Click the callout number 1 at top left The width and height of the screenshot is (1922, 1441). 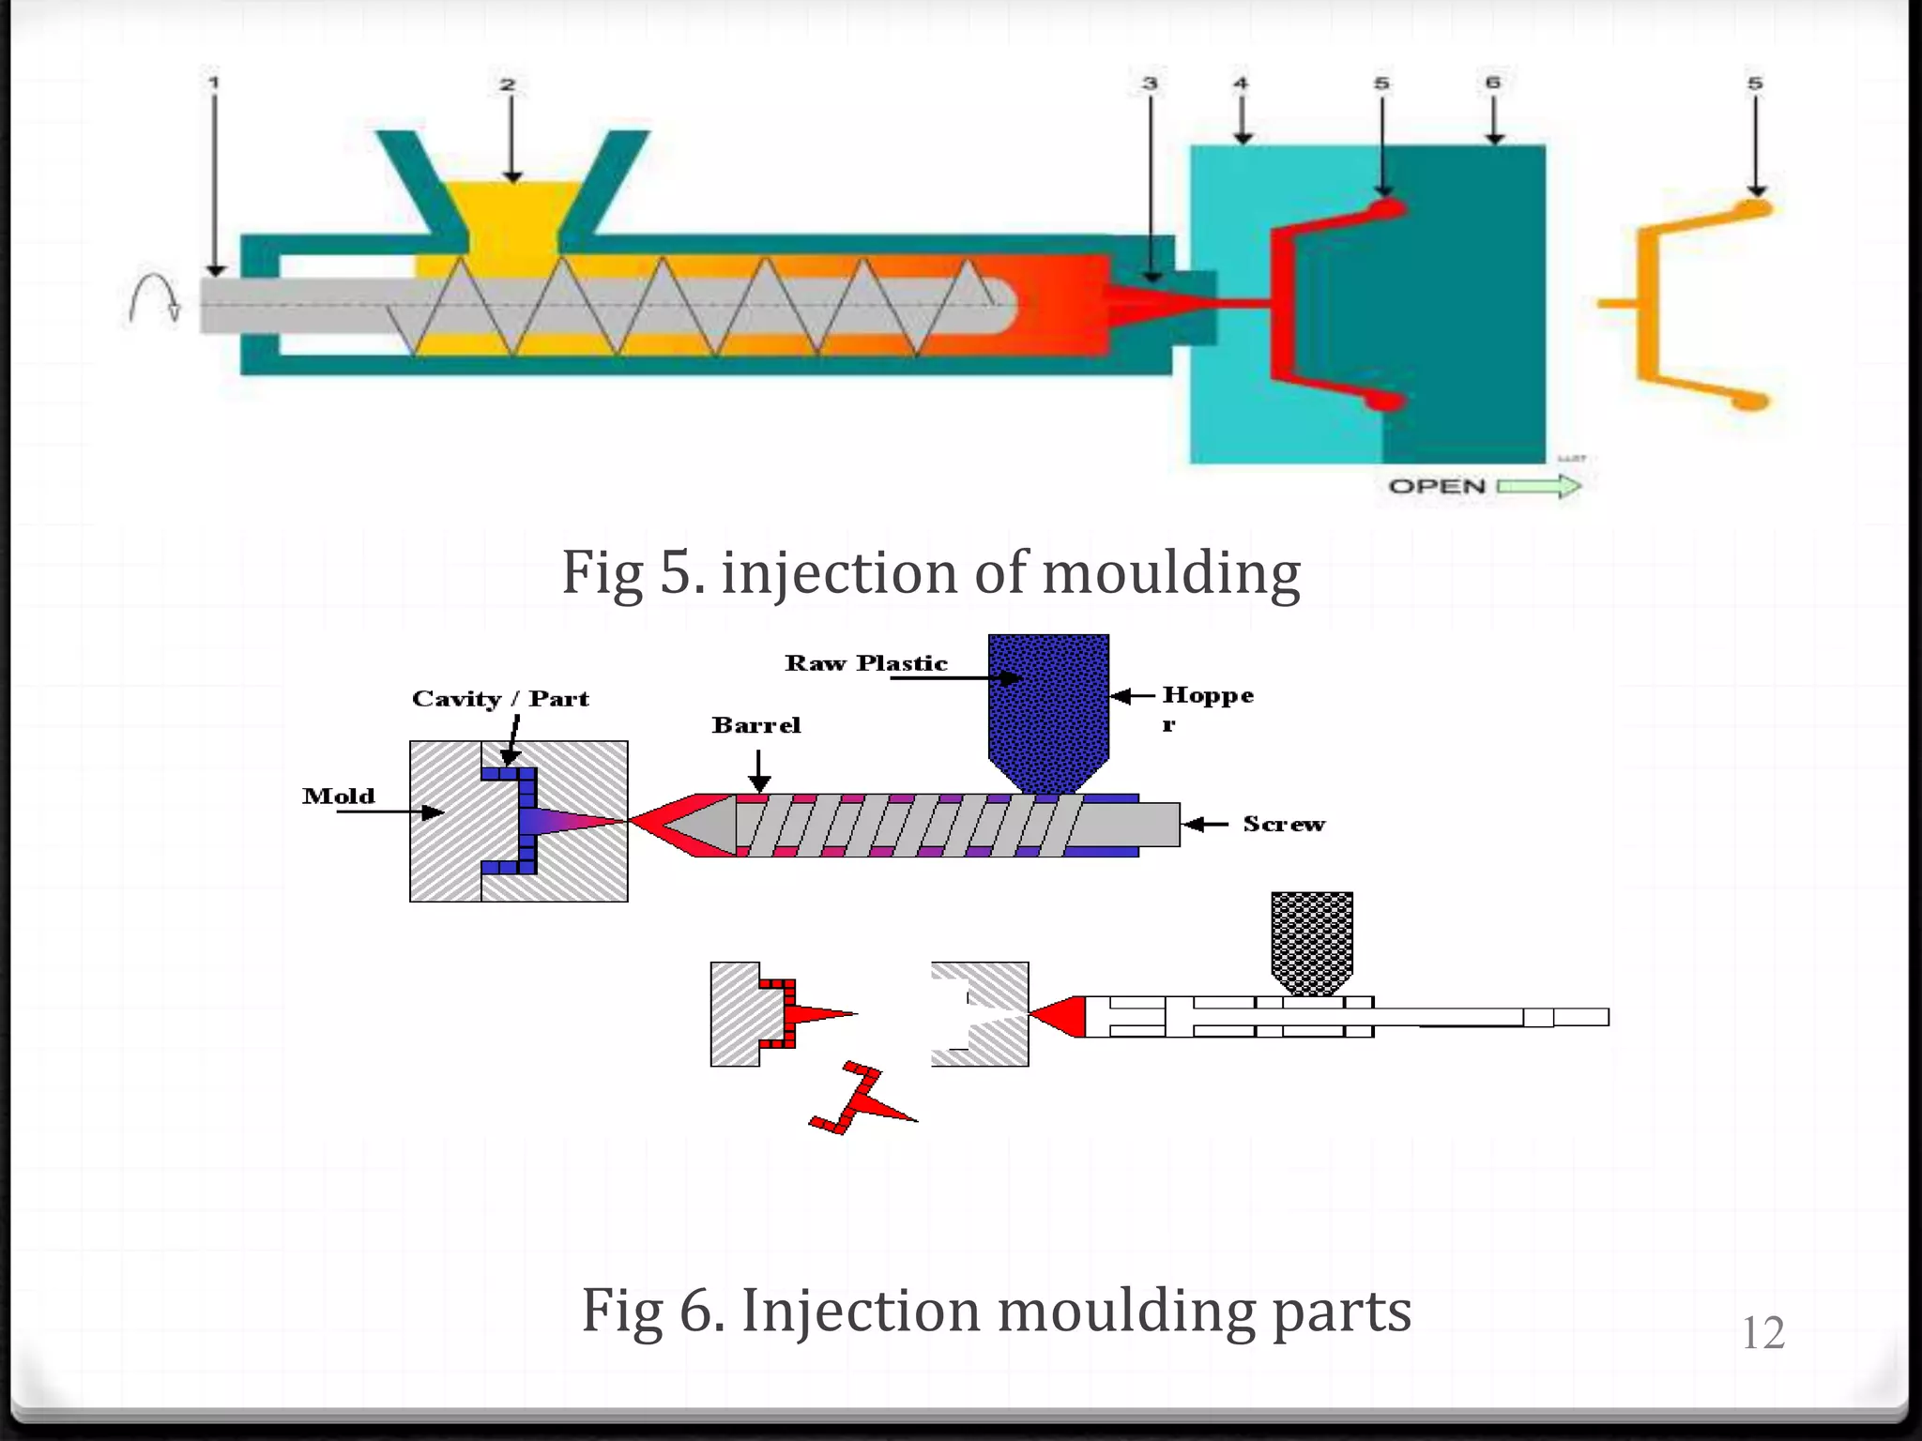click(214, 83)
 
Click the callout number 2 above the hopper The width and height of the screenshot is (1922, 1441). click(508, 84)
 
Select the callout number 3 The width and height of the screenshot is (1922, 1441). click(1150, 83)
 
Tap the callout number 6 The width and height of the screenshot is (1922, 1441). click(1493, 83)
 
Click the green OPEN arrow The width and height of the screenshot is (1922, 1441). click(1539, 486)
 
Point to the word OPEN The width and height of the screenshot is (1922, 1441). click(1437, 486)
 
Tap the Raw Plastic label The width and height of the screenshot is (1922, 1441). click(866, 663)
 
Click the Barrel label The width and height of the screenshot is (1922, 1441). click(756, 725)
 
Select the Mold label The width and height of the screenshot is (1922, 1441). click(339, 796)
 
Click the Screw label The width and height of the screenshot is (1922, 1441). click(1284, 824)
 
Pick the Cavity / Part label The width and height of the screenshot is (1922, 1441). click(500, 699)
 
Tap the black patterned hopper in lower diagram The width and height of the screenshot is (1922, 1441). click(1311, 938)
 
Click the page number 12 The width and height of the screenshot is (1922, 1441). click(1762, 1333)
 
